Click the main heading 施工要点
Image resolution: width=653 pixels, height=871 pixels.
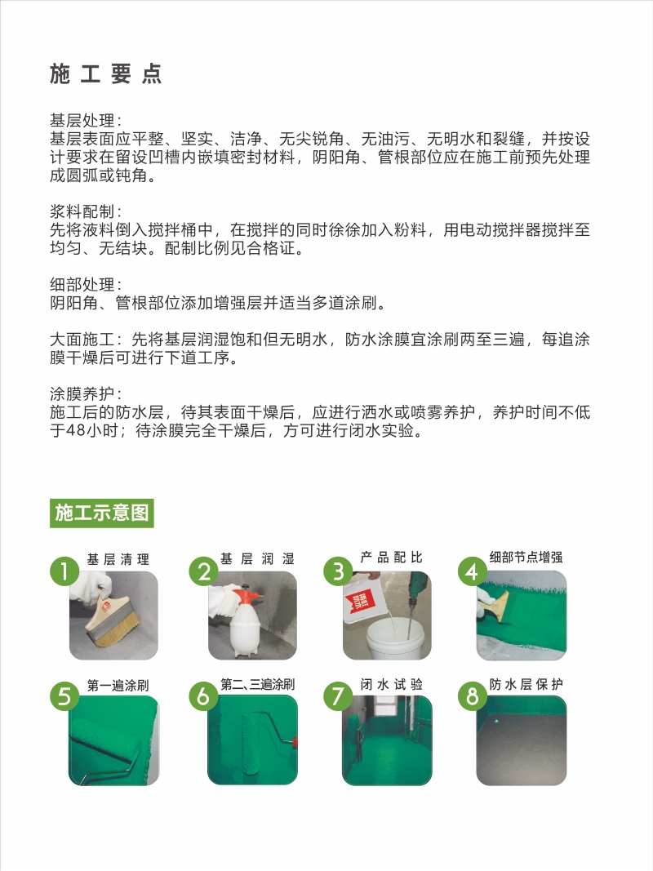tap(105, 74)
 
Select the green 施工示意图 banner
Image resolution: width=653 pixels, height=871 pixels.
tap(101, 513)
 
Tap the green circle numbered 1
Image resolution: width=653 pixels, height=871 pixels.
tap(64, 571)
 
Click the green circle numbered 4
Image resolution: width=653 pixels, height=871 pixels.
tap(472, 571)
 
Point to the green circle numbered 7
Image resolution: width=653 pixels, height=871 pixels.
tap(338, 696)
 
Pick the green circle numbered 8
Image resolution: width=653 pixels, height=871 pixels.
tap(472, 696)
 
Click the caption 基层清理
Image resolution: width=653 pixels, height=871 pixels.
tap(118, 559)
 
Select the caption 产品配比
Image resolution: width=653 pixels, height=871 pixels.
tap(392, 558)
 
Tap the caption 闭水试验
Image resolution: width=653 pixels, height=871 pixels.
tap(392, 684)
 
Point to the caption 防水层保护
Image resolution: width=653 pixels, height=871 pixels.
tap(526, 684)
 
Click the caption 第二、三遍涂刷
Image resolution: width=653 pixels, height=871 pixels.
tap(258, 684)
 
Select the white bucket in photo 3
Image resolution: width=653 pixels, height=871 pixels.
tap(395, 636)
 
